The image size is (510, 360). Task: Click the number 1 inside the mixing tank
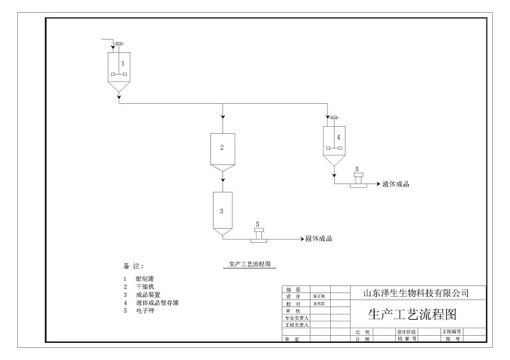click(122, 64)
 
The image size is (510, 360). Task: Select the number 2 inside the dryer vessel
click(222, 148)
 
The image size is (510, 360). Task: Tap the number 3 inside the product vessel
click(221, 210)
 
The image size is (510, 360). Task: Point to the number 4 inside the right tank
click(339, 137)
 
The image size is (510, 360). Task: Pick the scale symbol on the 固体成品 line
click(258, 234)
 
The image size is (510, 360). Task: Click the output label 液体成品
click(395, 184)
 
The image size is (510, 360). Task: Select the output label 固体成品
click(319, 239)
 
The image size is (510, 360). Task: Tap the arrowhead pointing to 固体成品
click(302, 239)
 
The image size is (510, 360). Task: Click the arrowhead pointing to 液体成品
click(378, 184)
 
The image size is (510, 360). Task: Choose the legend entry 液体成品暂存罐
click(157, 303)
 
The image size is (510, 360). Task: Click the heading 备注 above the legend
click(133, 265)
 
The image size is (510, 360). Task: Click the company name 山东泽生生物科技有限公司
click(416, 293)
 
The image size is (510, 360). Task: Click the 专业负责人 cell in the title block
click(296, 317)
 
